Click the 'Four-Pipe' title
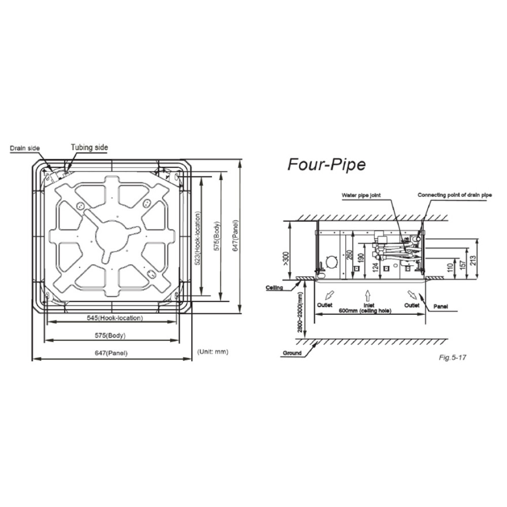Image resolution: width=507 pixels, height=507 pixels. tap(327, 165)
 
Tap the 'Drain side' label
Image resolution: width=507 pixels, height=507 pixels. tap(25, 149)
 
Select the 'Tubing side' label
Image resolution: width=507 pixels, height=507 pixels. tap(89, 148)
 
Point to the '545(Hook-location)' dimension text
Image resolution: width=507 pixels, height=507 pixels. tap(115, 318)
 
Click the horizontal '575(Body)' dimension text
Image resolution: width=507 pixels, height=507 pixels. tap(110, 335)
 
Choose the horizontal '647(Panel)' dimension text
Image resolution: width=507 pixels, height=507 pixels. tap(111, 353)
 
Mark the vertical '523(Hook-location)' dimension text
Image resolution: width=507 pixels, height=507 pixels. tap(198, 238)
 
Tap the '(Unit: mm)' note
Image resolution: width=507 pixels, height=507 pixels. tap(213, 351)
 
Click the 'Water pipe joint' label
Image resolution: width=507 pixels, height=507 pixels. tap(361, 195)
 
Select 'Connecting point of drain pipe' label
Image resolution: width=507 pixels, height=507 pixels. tap(455, 195)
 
